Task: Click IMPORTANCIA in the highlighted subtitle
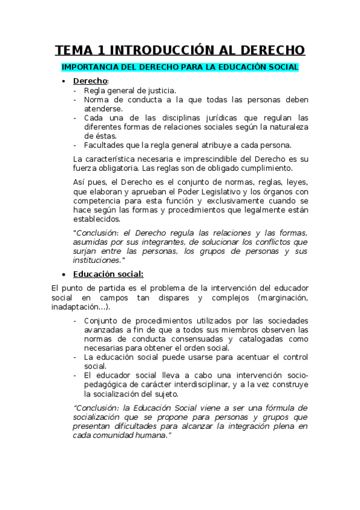coord(90,67)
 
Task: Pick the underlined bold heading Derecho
coord(90,81)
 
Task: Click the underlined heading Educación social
coord(108,274)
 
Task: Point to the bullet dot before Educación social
coord(64,275)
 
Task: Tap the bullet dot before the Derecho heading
coord(64,81)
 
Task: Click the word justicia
coord(159,90)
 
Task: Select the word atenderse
coord(103,109)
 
